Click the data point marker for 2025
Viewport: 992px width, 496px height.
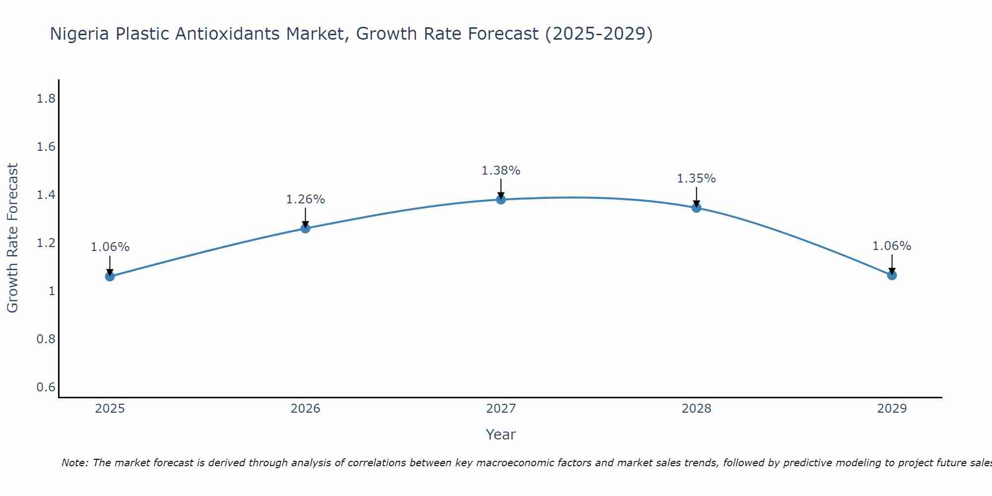tap(110, 276)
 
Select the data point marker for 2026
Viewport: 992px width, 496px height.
tap(305, 228)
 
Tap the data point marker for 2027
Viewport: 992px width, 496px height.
tap(501, 199)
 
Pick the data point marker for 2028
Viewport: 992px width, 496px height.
tap(696, 207)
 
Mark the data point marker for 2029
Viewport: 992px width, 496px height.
tap(892, 275)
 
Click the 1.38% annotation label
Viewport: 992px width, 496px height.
tap(501, 171)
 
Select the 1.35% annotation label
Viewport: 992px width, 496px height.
tap(696, 179)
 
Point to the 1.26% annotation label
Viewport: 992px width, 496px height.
tap(305, 199)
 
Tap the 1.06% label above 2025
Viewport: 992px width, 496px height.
tap(110, 247)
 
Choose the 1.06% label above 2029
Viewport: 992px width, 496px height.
tap(892, 246)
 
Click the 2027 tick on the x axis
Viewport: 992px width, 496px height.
tap(501, 409)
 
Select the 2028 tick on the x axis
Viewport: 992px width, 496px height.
tap(696, 409)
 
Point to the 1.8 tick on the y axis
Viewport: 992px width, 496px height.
tap(46, 99)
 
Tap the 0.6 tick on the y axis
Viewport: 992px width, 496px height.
tap(46, 387)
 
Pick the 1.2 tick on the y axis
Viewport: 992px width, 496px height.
tap(46, 243)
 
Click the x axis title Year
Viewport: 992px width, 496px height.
tap(501, 434)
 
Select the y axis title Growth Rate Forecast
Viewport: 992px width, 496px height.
tap(12, 238)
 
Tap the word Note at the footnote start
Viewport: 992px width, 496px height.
tap(74, 463)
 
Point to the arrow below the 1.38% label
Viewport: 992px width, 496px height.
tap(501, 189)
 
